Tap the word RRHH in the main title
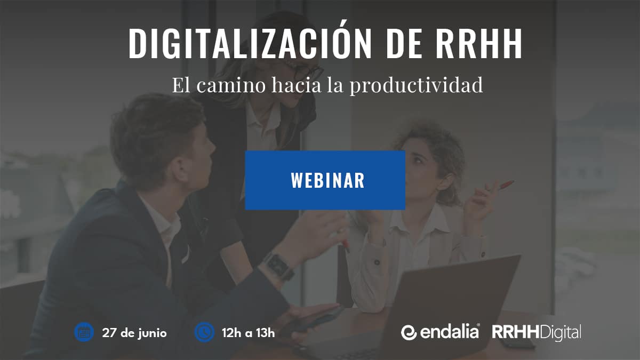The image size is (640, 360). pos(478,43)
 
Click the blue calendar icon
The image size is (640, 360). pos(84,332)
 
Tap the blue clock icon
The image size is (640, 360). pos(204,332)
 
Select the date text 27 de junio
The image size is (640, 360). pos(134,333)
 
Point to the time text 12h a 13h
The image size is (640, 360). pos(249,333)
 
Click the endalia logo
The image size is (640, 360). pos(441,332)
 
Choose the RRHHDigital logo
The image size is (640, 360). pos(537,333)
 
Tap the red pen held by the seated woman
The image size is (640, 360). pos(506,185)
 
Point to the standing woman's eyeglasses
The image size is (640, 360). pos(306,69)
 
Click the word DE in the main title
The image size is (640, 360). pos(403,43)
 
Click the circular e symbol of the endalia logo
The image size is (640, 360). pos(409,333)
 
